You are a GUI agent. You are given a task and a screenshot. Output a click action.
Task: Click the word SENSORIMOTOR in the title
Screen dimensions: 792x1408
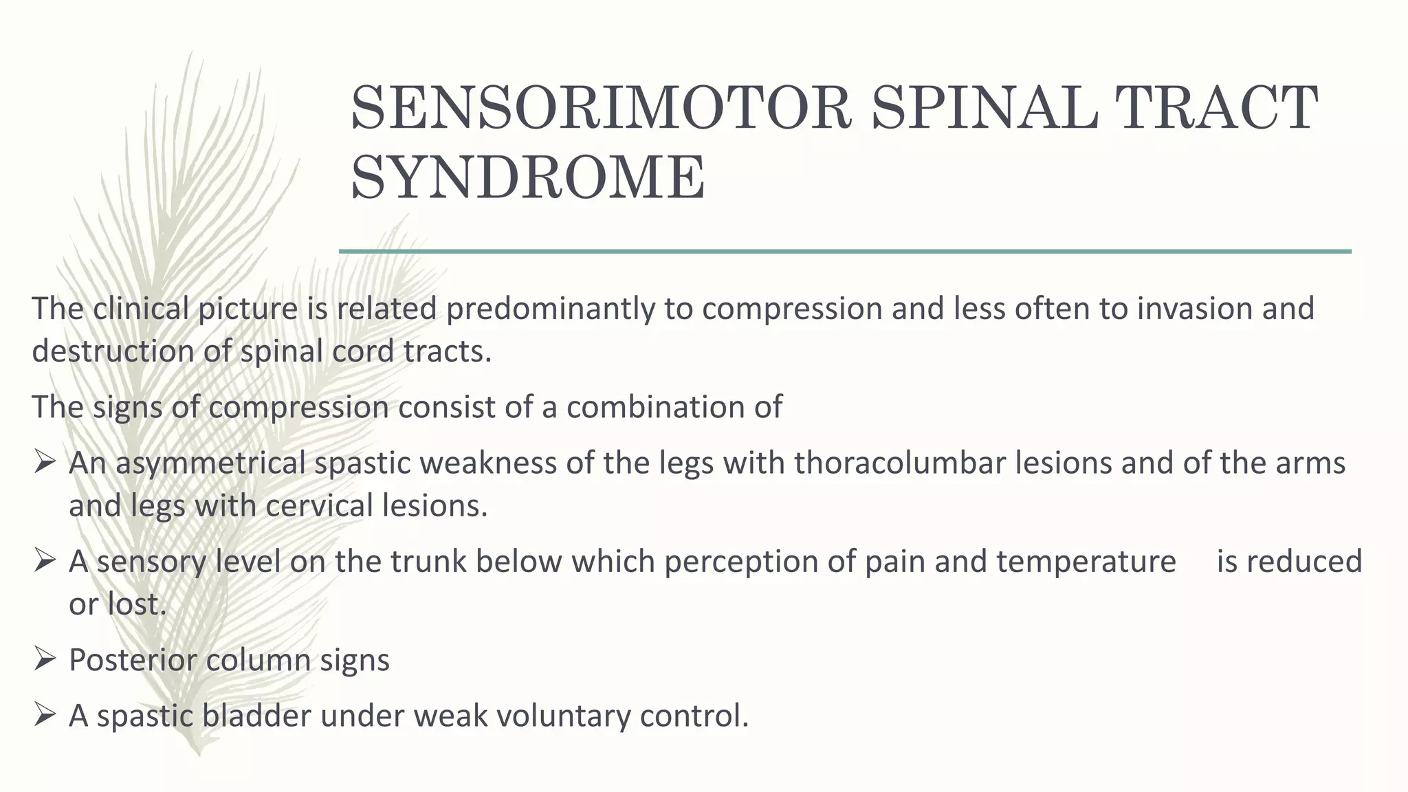(602, 108)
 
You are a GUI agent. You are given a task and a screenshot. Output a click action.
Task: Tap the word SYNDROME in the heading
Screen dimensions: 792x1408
(528, 177)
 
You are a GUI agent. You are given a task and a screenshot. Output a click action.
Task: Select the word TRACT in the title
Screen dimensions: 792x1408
(1215, 108)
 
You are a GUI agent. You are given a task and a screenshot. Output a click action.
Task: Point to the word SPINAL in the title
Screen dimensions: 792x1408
(983, 108)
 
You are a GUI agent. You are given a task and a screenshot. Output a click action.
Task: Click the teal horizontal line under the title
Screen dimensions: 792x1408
(845, 252)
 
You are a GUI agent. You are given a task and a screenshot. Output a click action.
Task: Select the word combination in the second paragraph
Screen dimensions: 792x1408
(674, 407)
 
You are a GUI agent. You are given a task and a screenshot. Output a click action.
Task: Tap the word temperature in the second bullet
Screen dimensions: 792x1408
(1086, 562)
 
